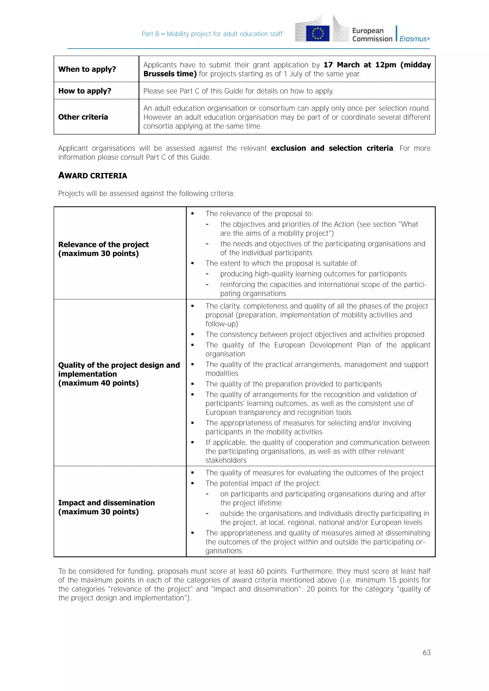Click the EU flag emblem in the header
(318, 33)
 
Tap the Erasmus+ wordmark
(415, 39)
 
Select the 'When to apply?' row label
(87, 69)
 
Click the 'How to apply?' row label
(85, 91)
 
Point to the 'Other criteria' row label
(83, 117)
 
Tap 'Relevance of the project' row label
(103, 244)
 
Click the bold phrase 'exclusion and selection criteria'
(332, 148)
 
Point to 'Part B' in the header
(150, 34)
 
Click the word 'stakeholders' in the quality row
(226, 460)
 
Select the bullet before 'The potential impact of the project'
(192, 484)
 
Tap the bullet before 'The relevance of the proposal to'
(192, 214)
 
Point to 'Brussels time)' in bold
(170, 74)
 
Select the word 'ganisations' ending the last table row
(224, 551)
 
